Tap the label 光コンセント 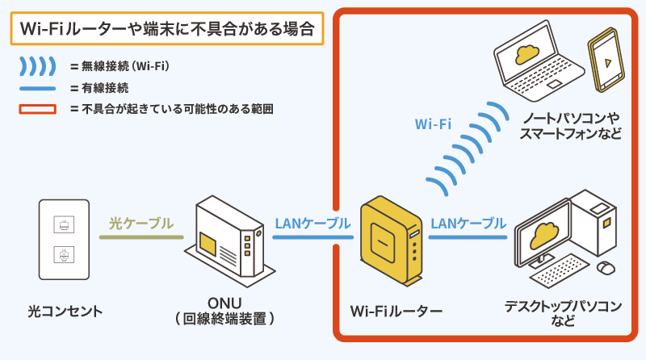tap(65, 310)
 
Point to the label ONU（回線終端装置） tap(226, 311)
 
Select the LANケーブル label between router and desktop tap(468, 223)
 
